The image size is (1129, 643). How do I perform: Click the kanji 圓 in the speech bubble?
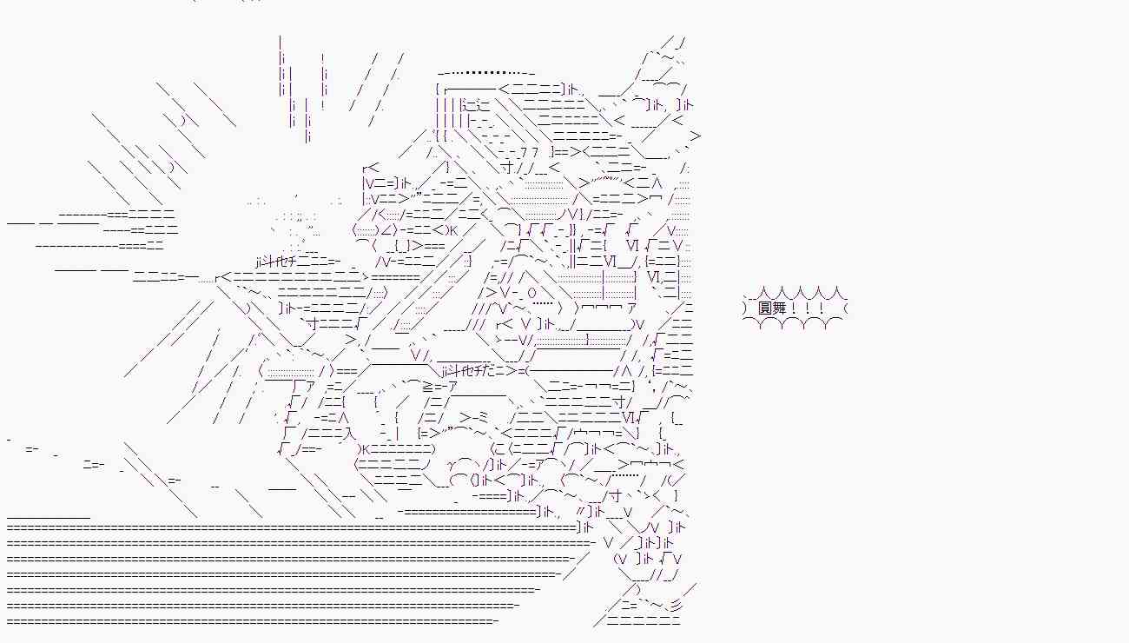click(x=764, y=308)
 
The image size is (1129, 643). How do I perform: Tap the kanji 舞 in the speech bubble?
click(x=779, y=308)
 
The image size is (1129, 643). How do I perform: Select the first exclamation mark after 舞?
click(x=794, y=308)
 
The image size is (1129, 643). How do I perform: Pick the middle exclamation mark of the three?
click(x=808, y=308)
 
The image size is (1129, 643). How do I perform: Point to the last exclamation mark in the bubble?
click(x=822, y=308)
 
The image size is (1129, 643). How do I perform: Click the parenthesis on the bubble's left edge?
click(x=744, y=308)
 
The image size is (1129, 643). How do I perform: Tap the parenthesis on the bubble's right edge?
click(x=845, y=308)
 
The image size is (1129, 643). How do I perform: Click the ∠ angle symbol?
click(x=384, y=230)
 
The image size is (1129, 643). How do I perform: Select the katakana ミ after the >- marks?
click(x=482, y=418)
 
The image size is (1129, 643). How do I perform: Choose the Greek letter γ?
click(x=452, y=465)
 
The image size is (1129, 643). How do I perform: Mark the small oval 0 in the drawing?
click(x=532, y=293)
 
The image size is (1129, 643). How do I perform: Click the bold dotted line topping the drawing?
click(x=485, y=73)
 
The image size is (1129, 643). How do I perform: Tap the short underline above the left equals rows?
click(x=49, y=518)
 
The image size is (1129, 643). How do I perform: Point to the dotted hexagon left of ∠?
click(x=365, y=230)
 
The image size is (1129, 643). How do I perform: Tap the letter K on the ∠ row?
click(x=452, y=230)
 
